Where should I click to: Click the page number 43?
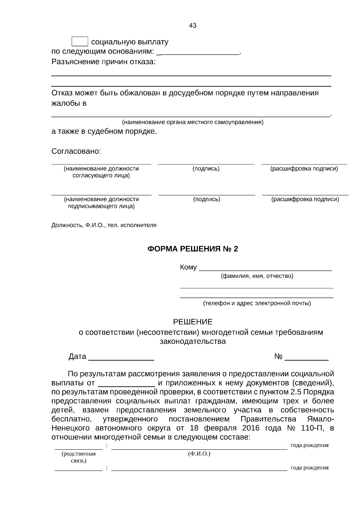(193, 26)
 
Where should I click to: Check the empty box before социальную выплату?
(80, 42)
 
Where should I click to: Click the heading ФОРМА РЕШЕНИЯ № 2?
(193, 249)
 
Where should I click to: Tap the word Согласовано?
(76, 151)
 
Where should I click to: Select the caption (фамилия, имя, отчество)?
(257, 276)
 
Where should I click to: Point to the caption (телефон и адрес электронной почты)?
(257, 303)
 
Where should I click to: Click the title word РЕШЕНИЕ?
(193, 322)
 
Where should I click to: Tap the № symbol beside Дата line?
(278, 357)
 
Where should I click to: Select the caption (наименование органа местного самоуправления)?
(192, 122)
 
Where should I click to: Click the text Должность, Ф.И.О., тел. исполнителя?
(104, 225)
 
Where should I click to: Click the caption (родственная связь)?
(79, 457)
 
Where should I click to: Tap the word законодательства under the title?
(193, 341)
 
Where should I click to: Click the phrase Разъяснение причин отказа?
(103, 62)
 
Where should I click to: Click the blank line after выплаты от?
(126, 383)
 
